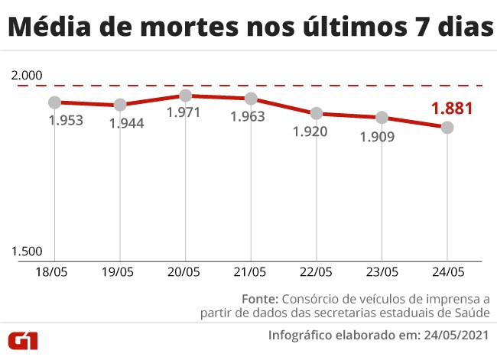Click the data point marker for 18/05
tap(54, 102)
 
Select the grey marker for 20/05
tap(185, 96)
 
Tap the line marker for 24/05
tap(447, 127)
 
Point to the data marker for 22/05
tap(316, 113)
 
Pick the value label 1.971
tap(184, 112)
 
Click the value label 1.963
tap(248, 117)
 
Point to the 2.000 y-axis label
tap(28, 76)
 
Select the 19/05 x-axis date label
tap(119, 272)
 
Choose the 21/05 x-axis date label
tap(250, 272)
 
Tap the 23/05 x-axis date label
tap(382, 272)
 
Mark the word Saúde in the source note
tap(470, 313)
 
